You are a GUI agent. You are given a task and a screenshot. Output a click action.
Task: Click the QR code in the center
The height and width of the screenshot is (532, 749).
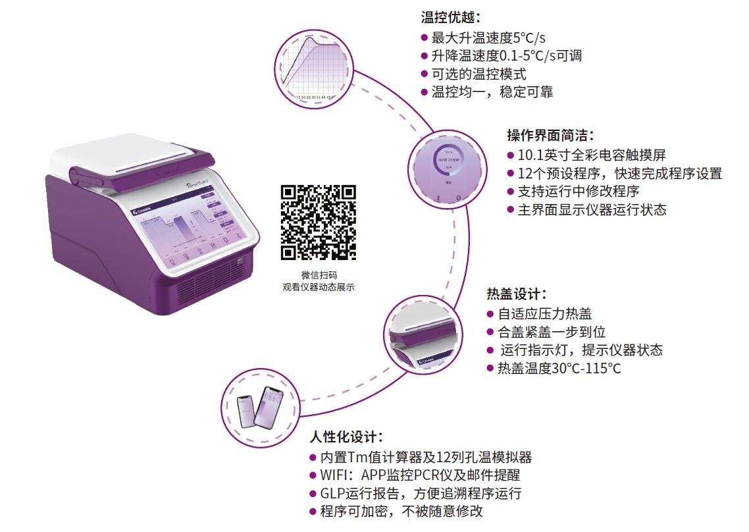coord(319,222)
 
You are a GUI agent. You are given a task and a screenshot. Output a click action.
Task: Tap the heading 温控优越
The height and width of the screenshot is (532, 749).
coord(451,18)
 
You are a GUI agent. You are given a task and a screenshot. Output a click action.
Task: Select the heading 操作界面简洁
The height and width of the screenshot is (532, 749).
coord(550,135)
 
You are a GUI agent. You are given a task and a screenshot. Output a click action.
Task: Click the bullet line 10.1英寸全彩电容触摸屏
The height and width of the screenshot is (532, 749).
coord(591,155)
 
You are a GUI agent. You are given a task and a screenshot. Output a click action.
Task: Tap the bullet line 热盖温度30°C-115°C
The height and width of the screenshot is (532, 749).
coord(557,368)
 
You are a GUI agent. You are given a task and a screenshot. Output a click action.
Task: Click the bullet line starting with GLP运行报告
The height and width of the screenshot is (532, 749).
coord(420,493)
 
